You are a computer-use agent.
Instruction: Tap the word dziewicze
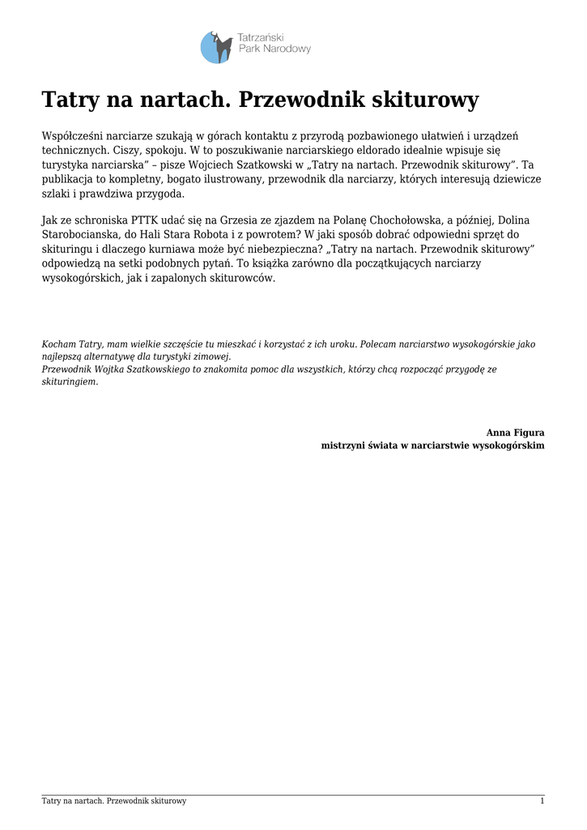pos(513,179)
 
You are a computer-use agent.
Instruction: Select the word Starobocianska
pos(83,235)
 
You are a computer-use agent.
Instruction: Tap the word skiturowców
pos(243,278)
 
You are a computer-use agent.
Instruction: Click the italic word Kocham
pos(58,344)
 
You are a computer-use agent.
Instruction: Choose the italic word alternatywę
pos(108,357)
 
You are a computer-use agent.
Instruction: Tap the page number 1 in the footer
pos(542,801)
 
